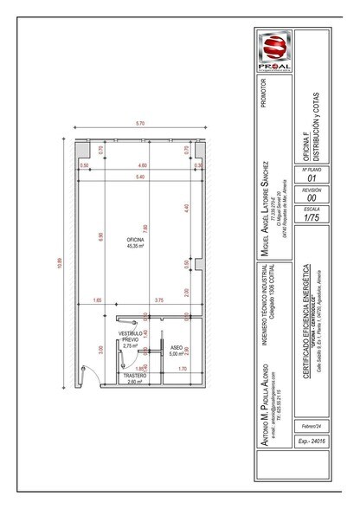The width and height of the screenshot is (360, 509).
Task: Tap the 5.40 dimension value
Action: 141,177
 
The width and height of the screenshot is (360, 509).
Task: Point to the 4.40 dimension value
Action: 185,209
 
